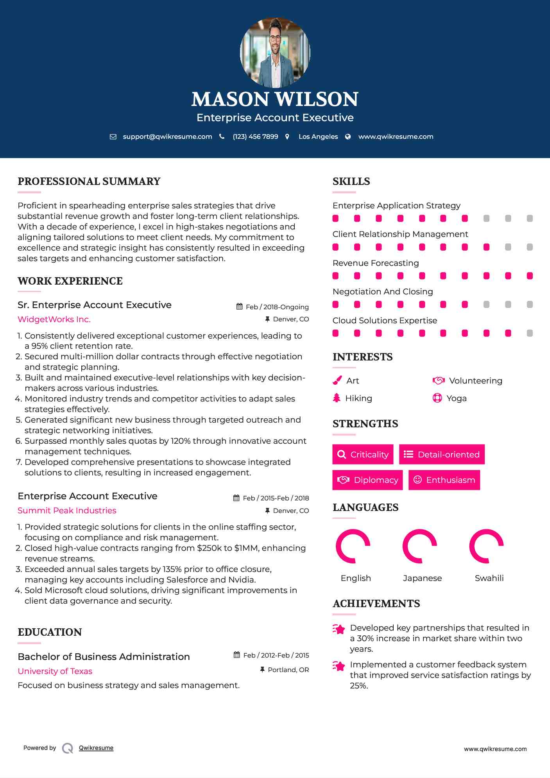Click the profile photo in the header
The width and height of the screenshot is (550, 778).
pos(275,52)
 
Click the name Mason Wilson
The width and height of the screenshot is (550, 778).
pos(275,99)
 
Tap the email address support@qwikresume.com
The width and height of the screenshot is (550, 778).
pos(167,136)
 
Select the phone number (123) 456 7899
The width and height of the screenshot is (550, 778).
pos(255,136)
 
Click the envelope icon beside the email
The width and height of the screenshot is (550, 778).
pos(113,136)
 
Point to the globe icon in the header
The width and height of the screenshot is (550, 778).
pos(348,136)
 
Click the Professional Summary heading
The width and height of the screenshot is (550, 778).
pos(89,181)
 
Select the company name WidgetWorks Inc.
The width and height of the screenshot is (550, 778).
pos(54,319)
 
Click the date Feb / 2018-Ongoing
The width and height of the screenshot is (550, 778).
pos(277,307)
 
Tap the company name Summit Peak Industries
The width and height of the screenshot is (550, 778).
pos(67,511)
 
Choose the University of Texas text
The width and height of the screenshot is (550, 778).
pos(55,671)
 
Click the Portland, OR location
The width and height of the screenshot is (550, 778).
pos(288,670)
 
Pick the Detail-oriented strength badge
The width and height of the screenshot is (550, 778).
pos(442,454)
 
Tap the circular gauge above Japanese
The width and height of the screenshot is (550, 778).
pos(420,546)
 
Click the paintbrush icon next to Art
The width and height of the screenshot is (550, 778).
pos(337,380)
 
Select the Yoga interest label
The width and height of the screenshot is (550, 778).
pos(457,398)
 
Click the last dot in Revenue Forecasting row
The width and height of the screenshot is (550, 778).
pos(530,276)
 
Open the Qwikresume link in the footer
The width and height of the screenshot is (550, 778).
pos(96,748)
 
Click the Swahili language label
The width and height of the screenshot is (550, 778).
pos(489,578)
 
